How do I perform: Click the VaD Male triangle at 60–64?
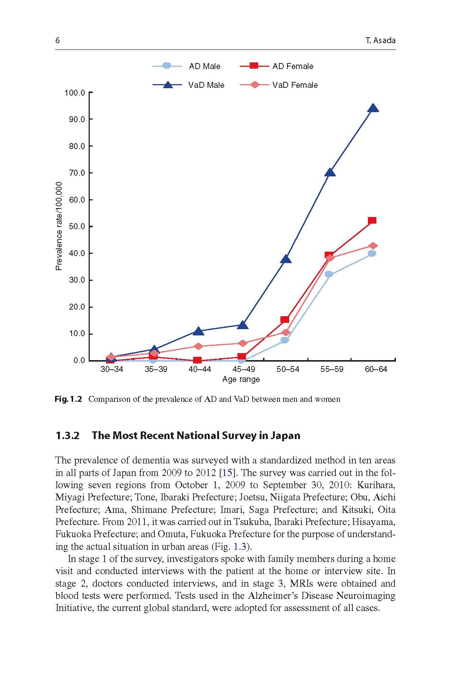(x=373, y=108)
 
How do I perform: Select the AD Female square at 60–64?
(x=372, y=220)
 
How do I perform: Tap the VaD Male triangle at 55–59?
(x=330, y=172)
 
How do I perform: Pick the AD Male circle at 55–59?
(x=329, y=274)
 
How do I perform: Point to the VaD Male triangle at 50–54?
(x=286, y=259)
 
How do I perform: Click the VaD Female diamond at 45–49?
(x=242, y=343)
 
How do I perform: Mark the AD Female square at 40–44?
(x=197, y=360)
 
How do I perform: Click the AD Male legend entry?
(x=187, y=66)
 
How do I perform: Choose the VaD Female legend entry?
(x=279, y=85)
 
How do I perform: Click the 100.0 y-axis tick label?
(x=75, y=93)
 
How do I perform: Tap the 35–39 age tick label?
(x=156, y=369)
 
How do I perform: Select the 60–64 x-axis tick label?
(x=376, y=369)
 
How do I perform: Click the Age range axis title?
(x=241, y=379)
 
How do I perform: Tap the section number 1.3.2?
(x=67, y=436)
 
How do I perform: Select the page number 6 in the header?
(x=57, y=41)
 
